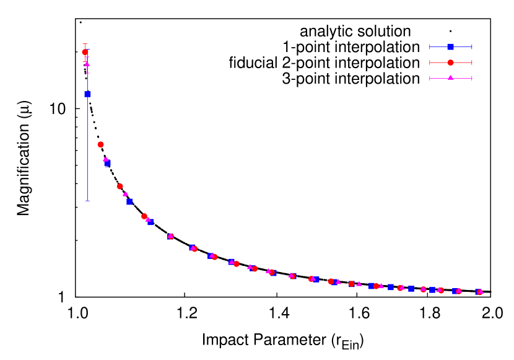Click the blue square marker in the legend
click(x=450, y=47)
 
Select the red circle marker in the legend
click(x=450, y=63)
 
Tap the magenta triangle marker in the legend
click(x=450, y=78)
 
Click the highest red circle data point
click(x=85, y=52)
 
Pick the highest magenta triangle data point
click(x=87, y=64)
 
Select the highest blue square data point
click(x=88, y=94)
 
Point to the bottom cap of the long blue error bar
click(x=87, y=201)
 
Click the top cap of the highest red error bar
click(x=85, y=44)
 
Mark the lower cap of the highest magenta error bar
click(x=87, y=73)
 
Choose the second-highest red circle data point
click(x=100, y=144)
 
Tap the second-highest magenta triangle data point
click(x=106, y=159)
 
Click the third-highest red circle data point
click(x=120, y=186)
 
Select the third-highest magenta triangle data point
click(x=125, y=194)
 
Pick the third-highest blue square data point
click(x=129, y=202)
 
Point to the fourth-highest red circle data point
click(x=144, y=216)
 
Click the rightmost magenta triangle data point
click(x=481, y=291)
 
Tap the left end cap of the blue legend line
click(x=430, y=47)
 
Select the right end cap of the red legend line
click(x=472, y=63)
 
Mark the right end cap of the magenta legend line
click(x=472, y=78)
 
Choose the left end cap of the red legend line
click(x=430, y=63)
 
